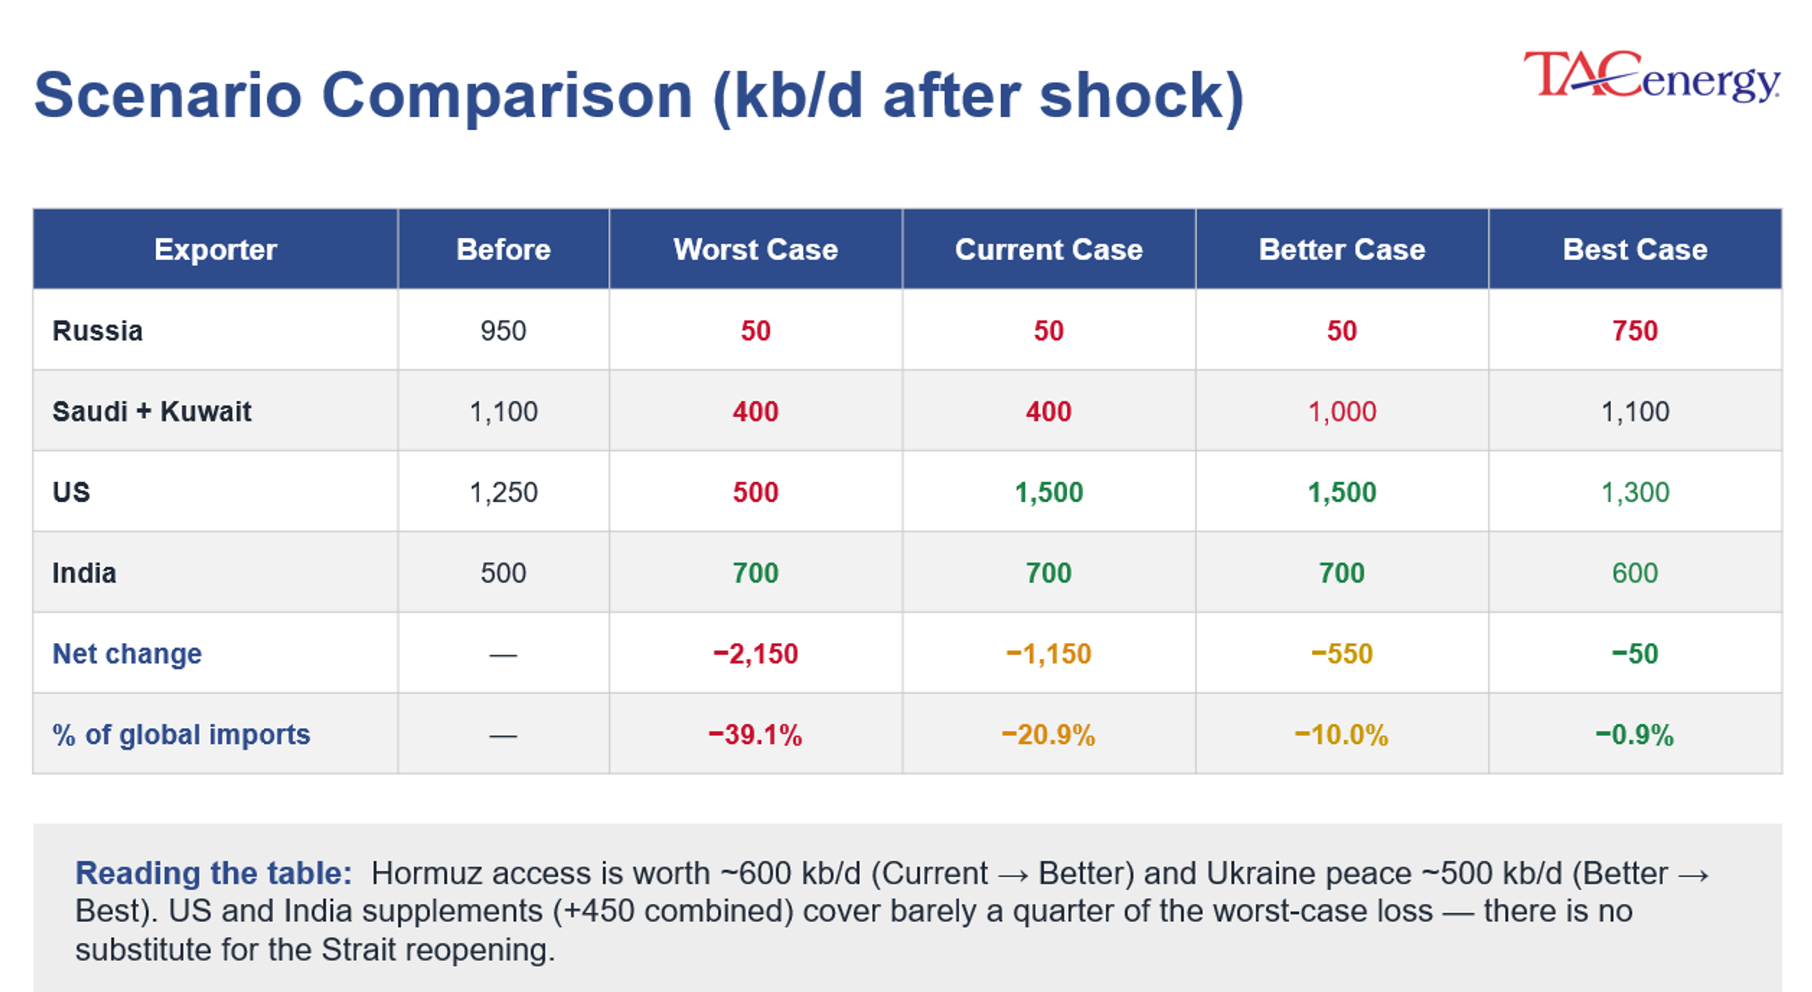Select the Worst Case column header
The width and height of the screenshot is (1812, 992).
755,249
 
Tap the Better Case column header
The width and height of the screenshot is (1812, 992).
1342,249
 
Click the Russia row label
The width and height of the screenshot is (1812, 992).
97,331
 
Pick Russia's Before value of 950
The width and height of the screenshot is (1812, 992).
503,331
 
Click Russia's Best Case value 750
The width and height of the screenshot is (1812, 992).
1635,331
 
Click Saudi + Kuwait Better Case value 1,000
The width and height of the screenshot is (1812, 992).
1342,412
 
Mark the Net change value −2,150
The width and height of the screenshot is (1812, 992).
755,654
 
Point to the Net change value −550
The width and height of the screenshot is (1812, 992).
1342,654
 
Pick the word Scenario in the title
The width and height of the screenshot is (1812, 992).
168,96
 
